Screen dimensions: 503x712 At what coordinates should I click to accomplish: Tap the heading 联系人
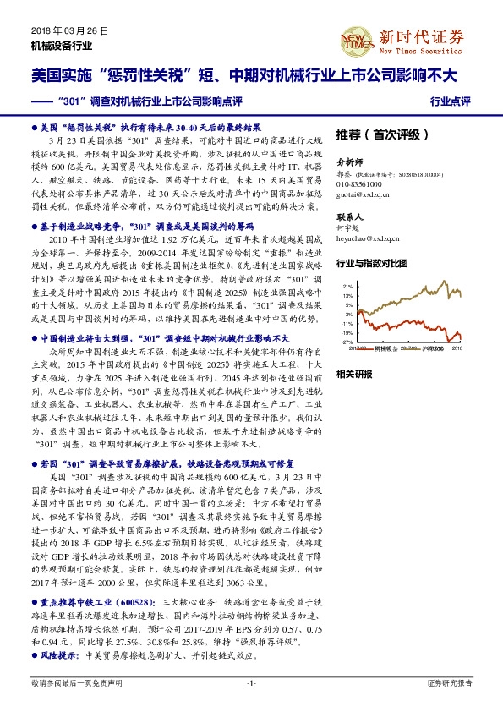click(349, 216)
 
